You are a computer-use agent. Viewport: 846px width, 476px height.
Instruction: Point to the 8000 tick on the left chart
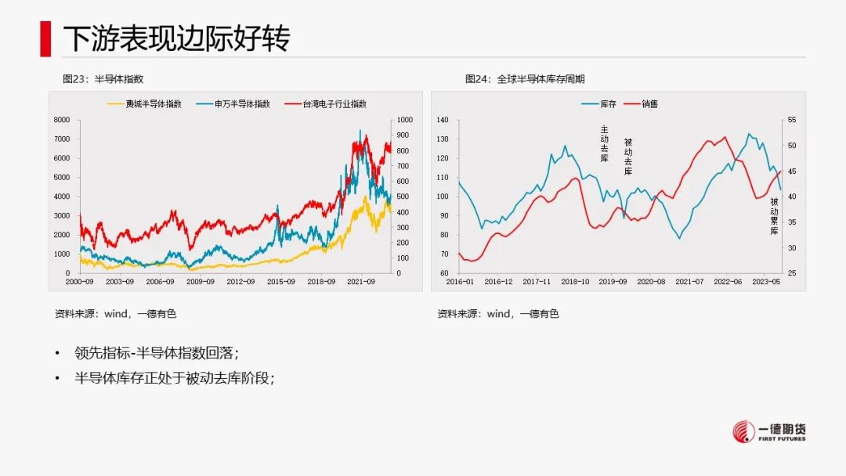pos(61,120)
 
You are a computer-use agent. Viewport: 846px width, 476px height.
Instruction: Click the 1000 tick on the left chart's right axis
pos(404,120)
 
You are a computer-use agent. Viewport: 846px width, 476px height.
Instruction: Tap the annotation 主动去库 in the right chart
pos(604,143)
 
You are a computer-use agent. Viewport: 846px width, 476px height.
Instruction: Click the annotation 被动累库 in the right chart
pos(774,216)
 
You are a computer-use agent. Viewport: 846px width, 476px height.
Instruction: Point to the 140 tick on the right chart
pos(442,120)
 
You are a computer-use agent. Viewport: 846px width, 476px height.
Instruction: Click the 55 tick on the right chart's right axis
pos(790,120)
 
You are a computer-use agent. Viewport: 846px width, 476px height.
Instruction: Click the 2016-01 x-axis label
pos(460,281)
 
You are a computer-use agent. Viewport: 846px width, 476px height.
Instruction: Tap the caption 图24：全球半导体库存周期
pos(524,79)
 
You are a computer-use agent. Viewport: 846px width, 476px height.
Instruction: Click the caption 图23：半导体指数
pos(103,79)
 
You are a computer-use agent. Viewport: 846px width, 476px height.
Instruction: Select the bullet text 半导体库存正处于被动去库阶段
pos(176,378)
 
